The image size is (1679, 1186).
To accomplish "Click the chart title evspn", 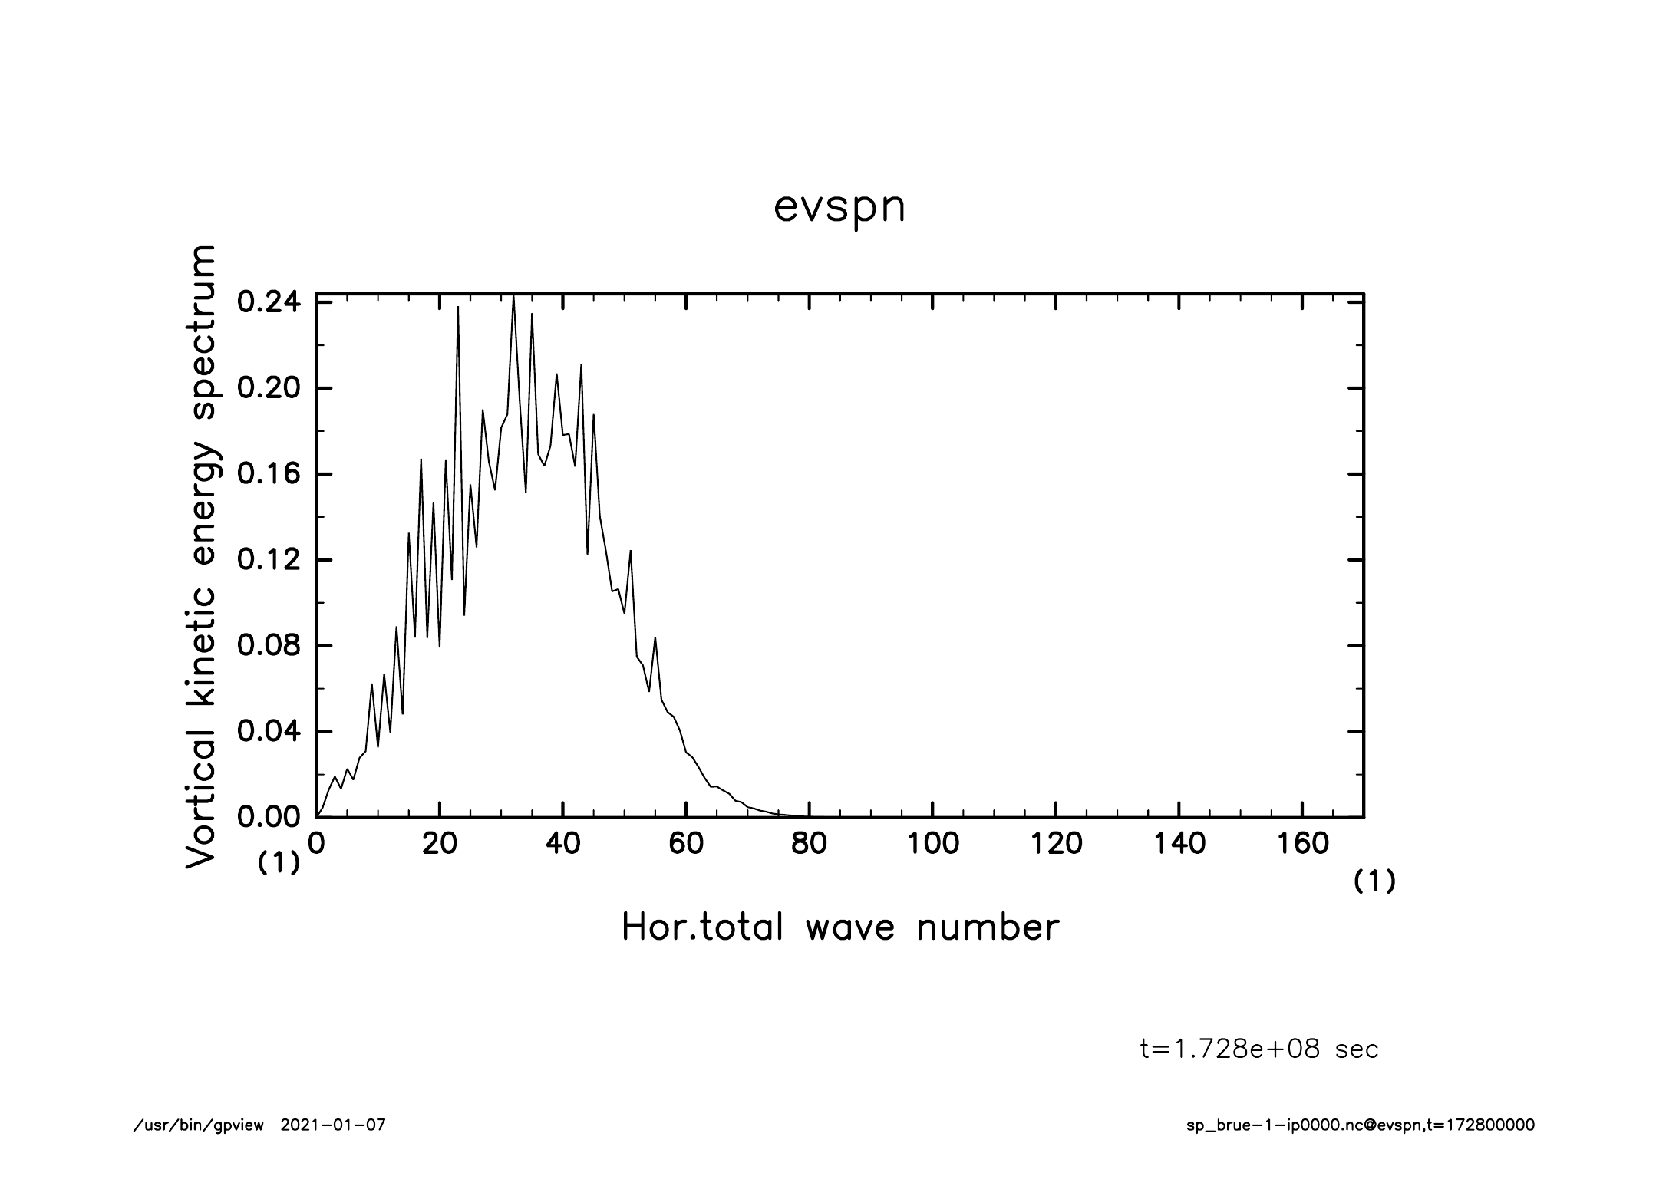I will pyautogui.click(x=839, y=208).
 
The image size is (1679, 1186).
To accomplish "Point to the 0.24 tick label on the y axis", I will pyautogui.click(x=269, y=302).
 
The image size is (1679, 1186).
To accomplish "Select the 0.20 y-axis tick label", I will pyautogui.click(x=269, y=388).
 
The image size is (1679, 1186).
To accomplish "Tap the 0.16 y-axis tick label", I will pyautogui.click(x=269, y=474).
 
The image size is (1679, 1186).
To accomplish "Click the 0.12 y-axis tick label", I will pyautogui.click(x=269, y=560).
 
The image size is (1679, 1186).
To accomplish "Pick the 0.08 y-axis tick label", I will pyautogui.click(x=269, y=646).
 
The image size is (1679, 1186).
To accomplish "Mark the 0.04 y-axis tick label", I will pyautogui.click(x=269, y=732).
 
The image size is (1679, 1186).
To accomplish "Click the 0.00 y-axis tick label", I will pyautogui.click(x=269, y=818).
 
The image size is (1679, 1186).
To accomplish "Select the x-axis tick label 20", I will pyautogui.click(x=440, y=844).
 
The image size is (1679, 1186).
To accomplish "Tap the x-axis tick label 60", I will pyautogui.click(x=686, y=844).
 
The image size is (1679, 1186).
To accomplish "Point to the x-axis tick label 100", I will pyautogui.click(x=933, y=844).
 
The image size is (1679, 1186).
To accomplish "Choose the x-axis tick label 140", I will pyautogui.click(x=1179, y=844).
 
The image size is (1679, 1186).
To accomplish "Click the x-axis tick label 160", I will pyautogui.click(x=1302, y=844).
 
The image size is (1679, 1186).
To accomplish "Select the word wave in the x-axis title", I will pyautogui.click(x=850, y=928).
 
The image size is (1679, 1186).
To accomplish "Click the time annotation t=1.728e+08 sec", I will pyautogui.click(x=1259, y=1049).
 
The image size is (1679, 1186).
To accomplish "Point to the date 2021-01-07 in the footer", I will pyautogui.click(x=333, y=1125).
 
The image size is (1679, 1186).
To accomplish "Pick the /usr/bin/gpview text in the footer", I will pyautogui.click(x=198, y=1125).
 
